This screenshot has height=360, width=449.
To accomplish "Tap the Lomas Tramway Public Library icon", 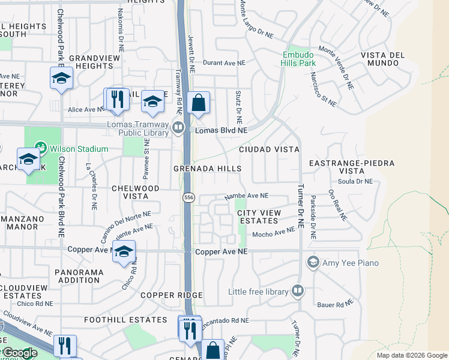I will tap(178, 127).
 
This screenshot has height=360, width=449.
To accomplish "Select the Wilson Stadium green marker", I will tap(41, 147).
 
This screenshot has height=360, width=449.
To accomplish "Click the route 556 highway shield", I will tap(188, 197).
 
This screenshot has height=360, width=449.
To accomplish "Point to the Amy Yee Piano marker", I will tap(312, 262).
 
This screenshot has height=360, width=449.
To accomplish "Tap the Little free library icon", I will tap(298, 292).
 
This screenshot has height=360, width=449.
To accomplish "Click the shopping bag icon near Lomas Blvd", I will tap(198, 103).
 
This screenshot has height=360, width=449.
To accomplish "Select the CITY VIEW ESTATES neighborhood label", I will tap(258, 217).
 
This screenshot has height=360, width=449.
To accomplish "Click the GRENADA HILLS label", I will tap(208, 169).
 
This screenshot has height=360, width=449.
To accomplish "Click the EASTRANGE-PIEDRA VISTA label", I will tap(351, 167).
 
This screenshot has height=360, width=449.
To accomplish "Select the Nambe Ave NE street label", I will tap(246, 196).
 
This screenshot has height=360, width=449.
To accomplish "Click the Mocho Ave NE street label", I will tap(274, 233).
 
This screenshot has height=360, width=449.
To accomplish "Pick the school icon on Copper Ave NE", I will tap(124, 252).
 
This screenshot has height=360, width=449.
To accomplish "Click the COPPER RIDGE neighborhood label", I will tap(171, 295).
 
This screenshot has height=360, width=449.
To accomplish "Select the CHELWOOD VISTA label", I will tap(136, 192).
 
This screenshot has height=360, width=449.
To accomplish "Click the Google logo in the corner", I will tap(20, 353).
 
